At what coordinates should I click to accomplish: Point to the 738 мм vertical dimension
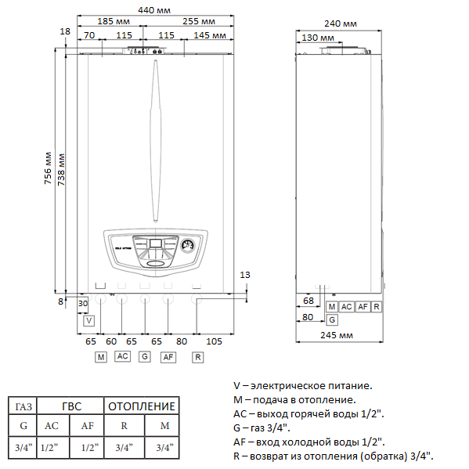62,165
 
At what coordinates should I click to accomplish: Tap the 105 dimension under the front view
214,341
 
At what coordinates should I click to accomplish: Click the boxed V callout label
88,320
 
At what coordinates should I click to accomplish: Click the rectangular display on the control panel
156,244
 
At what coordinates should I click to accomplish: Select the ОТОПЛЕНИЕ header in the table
142,406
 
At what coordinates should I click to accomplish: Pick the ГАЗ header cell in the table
23,406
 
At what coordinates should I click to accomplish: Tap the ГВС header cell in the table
70,406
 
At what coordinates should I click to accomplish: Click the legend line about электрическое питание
303,385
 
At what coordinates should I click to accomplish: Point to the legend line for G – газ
262,428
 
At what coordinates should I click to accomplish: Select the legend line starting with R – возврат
334,456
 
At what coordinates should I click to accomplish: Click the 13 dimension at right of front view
244,274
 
